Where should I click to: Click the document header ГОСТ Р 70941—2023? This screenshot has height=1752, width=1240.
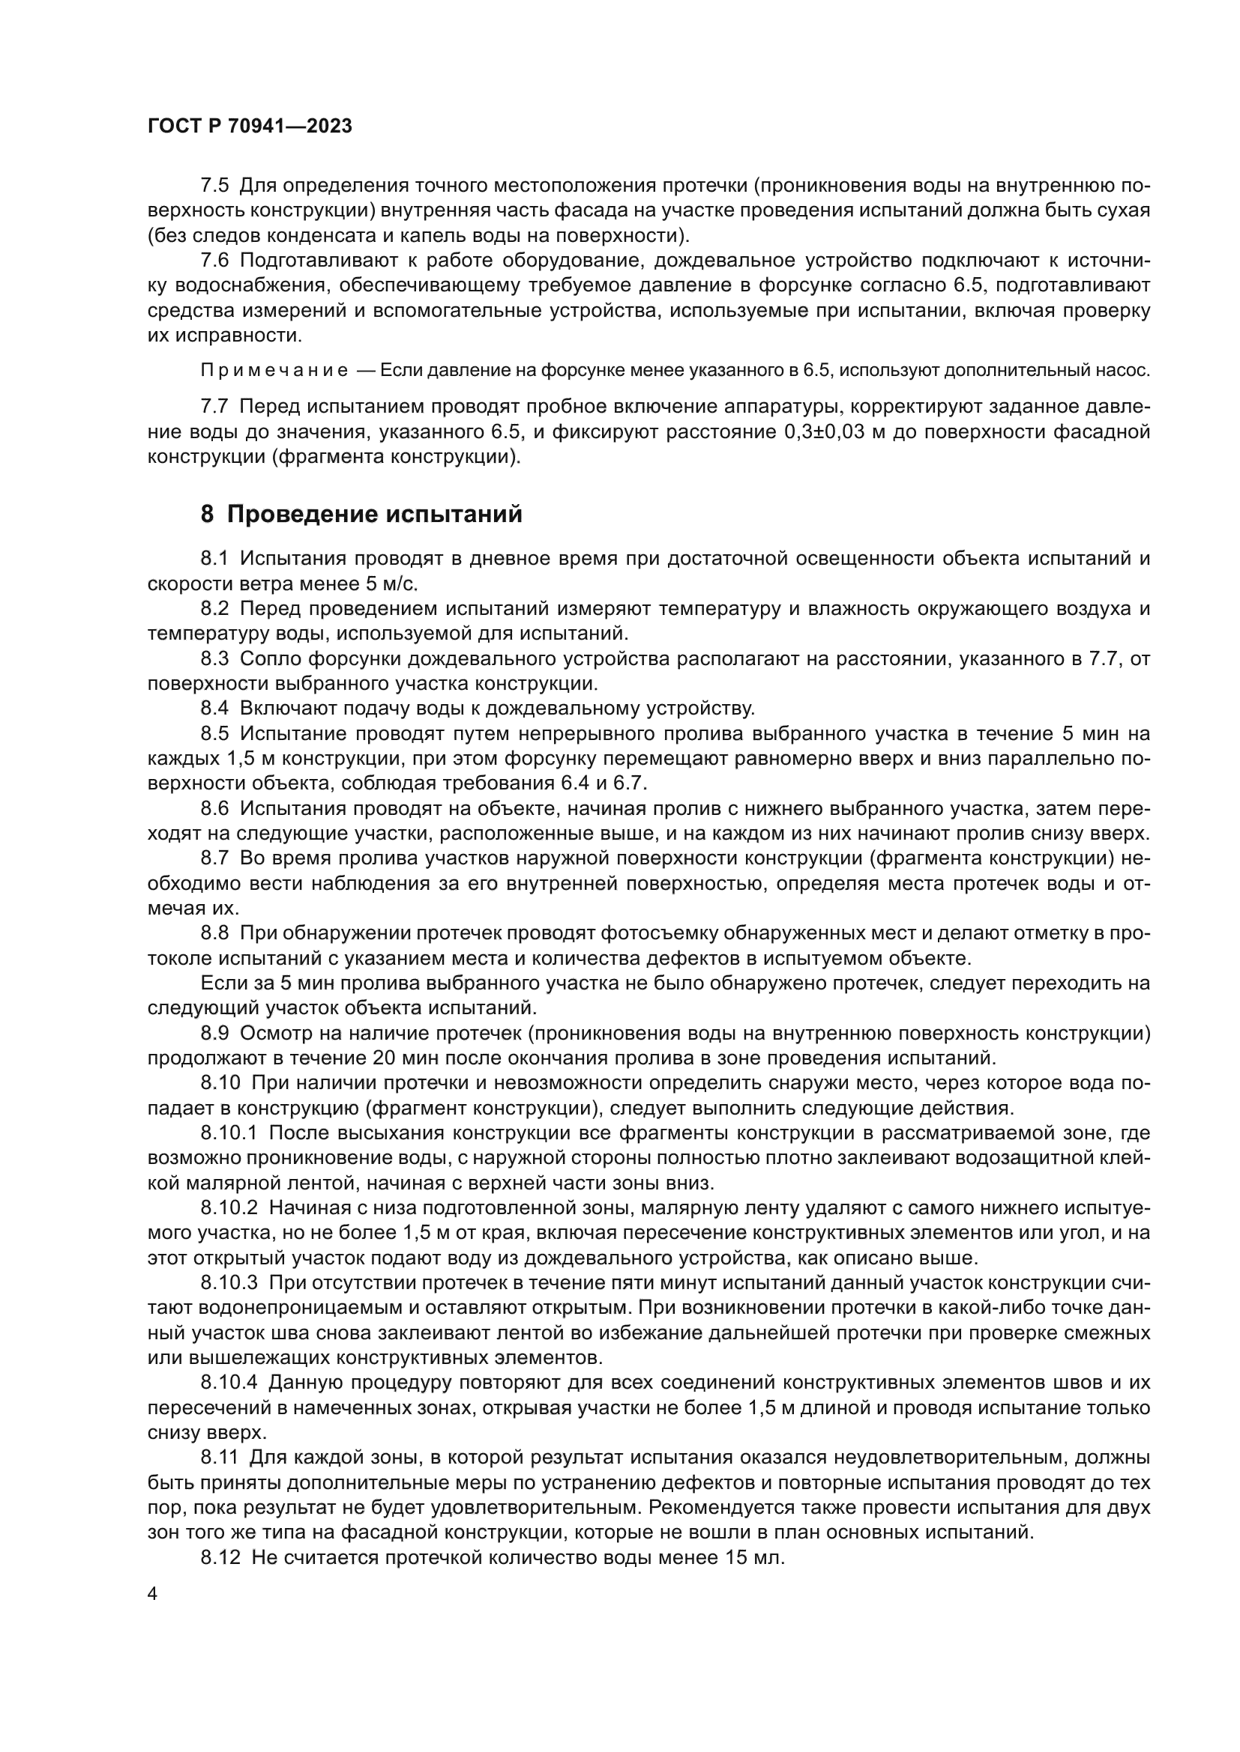click(250, 127)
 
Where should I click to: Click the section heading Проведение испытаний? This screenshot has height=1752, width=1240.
click(361, 515)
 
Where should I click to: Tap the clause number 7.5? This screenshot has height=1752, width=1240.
click(214, 186)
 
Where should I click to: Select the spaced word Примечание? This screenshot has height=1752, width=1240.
click(274, 371)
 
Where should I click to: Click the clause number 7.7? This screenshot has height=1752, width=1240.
click(214, 407)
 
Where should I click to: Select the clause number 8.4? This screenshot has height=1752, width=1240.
click(214, 708)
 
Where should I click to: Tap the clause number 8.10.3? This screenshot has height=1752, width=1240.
click(229, 1282)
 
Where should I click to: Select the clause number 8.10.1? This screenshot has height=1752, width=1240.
click(229, 1133)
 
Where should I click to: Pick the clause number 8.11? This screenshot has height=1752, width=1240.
click(220, 1458)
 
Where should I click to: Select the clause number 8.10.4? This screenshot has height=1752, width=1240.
click(229, 1383)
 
